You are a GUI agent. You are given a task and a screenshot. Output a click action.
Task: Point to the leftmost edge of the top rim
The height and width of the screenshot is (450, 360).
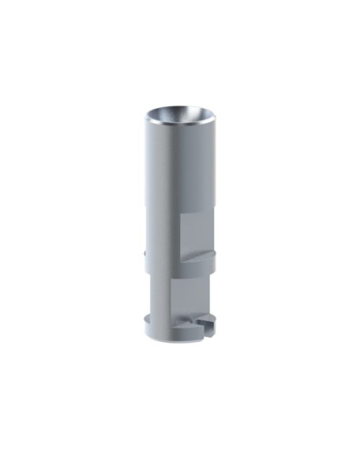(x=145, y=117)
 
